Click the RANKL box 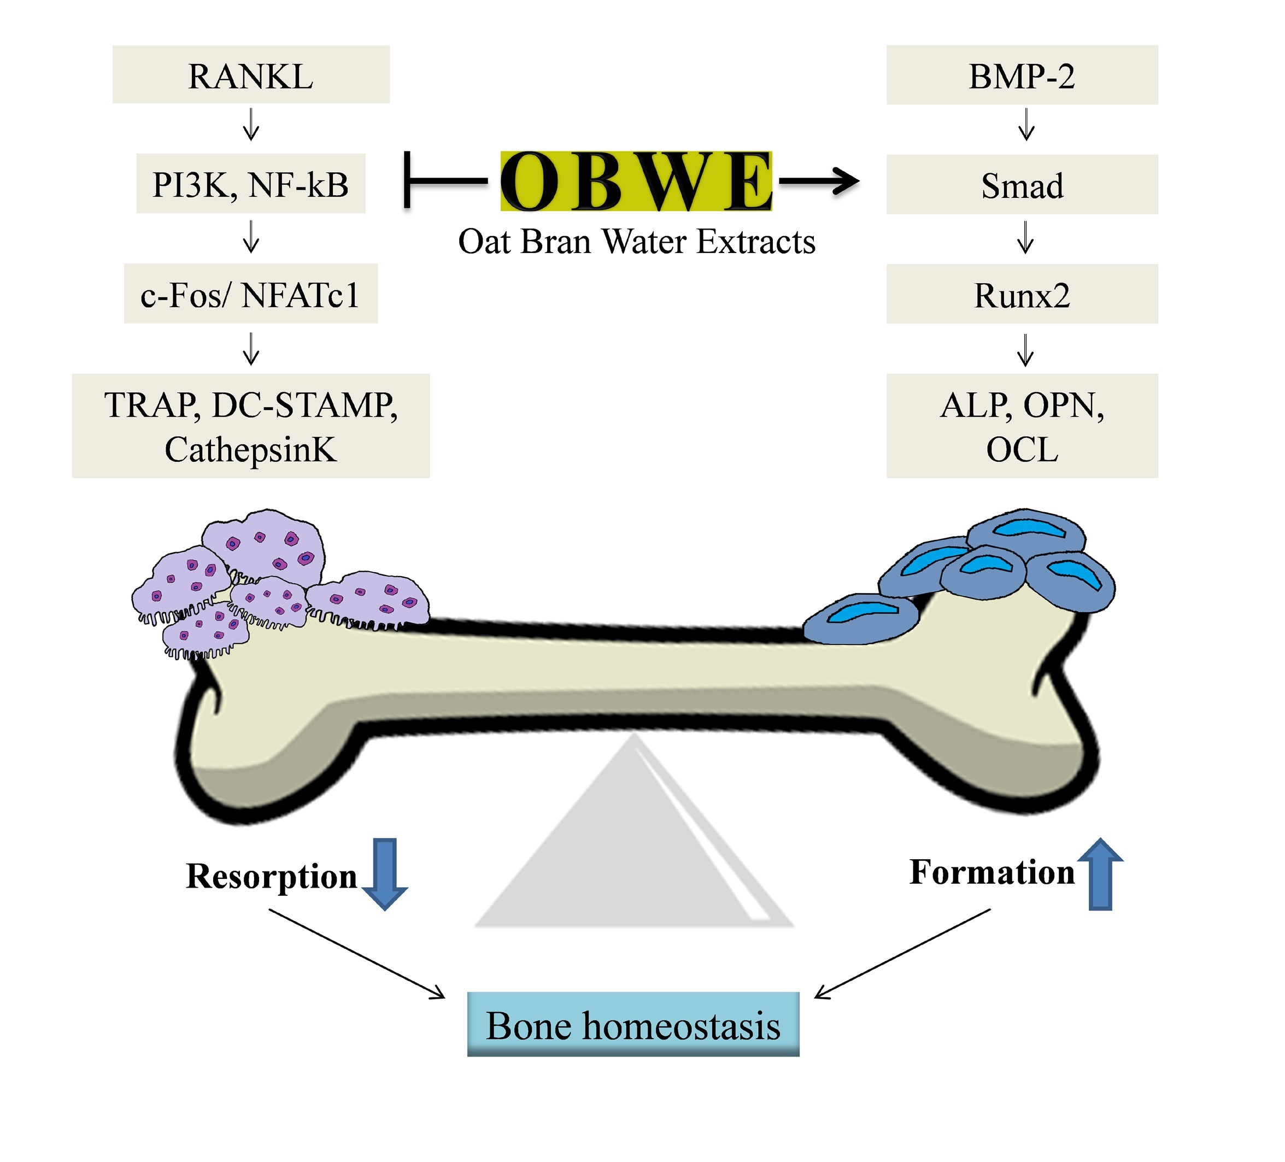point(250,74)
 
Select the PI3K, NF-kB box point(250,184)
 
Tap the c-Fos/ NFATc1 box point(250,294)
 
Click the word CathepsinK point(250,449)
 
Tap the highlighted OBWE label point(636,181)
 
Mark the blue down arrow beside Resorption point(384,874)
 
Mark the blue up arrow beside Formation point(1100,874)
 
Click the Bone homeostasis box point(633,1025)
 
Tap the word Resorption point(272,877)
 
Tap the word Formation point(992,872)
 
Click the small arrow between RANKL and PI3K point(251,124)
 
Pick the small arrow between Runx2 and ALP point(1025,349)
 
